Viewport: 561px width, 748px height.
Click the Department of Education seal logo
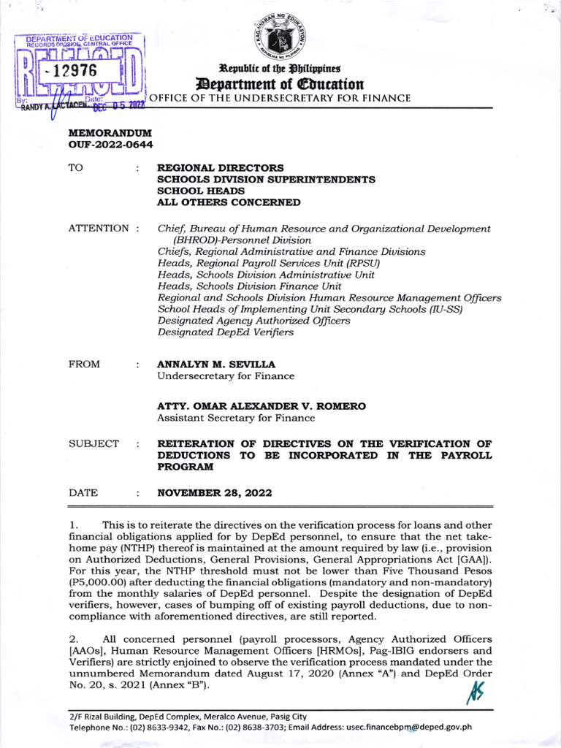click(x=286, y=34)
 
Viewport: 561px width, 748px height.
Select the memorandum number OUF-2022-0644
click(x=110, y=145)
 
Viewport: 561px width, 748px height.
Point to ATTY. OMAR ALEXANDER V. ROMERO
click(x=262, y=405)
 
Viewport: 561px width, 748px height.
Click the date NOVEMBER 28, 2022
click(x=215, y=493)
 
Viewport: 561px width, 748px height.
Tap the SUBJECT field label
click(x=93, y=443)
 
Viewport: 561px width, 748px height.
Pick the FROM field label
click(x=85, y=363)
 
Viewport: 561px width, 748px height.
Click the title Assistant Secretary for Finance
click(x=236, y=418)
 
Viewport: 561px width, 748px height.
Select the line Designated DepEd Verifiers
click(x=226, y=332)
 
